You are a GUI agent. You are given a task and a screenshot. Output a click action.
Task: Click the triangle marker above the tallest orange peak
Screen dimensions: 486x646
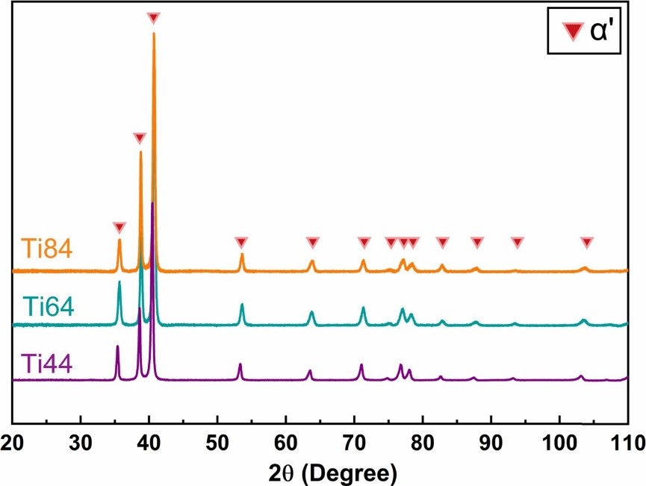(x=153, y=18)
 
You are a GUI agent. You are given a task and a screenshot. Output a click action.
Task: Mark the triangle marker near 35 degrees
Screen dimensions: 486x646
(x=119, y=227)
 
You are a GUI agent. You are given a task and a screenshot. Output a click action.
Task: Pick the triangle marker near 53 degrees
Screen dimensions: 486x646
(x=240, y=242)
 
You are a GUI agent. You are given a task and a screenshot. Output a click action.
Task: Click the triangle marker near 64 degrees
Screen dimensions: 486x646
(x=312, y=242)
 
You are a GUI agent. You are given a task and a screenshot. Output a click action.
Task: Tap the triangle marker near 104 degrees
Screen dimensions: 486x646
(x=586, y=242)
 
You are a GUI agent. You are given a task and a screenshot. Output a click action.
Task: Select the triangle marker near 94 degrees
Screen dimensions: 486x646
(x=517, y=242)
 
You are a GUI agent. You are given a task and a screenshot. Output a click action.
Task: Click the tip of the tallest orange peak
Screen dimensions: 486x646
(x=154, y=34)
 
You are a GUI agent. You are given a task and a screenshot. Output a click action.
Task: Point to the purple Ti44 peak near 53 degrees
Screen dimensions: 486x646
(x=240, y=364)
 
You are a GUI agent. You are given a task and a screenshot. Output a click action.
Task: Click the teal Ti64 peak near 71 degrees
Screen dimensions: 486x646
(x=363, y=308)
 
